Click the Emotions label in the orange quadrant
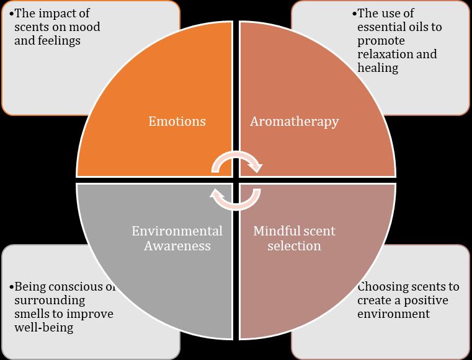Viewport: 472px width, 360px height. pyautogui.click(x=177, y=121)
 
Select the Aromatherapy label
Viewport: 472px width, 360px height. pyautogui.click(x=294, y=121)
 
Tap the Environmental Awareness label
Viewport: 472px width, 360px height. pyautogui.click(x=177, y=239)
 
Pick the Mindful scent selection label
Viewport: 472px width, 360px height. pyautogui.click(x=294, y=239)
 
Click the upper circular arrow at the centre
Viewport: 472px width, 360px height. pyautogui.click(x=236, y=163)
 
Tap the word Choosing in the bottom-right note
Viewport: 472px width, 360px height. pyautogui.click(x=383, y=286)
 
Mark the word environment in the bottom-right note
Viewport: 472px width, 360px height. pyautogui.click(x=393, y=314)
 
